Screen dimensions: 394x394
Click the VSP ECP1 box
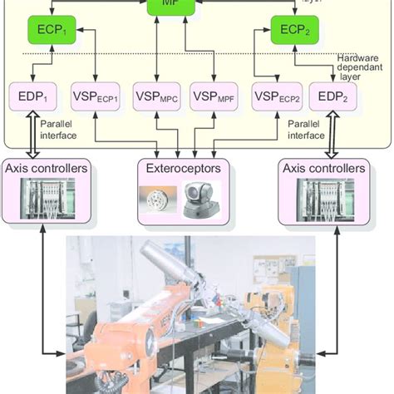[96, 96]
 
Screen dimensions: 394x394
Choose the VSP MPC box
[155, 96]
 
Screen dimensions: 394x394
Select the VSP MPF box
[214, 96]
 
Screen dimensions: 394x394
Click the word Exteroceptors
[185, 168]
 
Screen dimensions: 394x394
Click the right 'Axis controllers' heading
[323, 168]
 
